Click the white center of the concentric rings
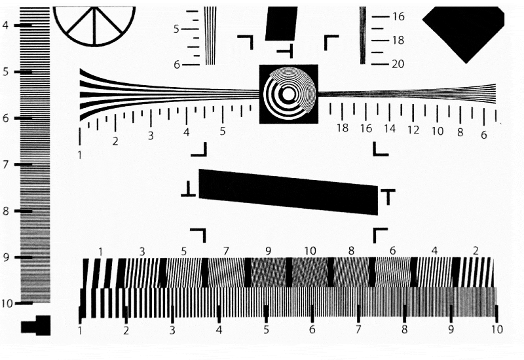pyautogui.click(x=288, y=94)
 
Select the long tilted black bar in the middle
pyautogui.click(x=288, y=192)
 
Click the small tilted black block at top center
pyautogui.click(x=281, y=24)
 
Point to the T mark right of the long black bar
pyautogui.click(x=388, y=197)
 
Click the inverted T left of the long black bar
pyautogui.click(x=189, y=189)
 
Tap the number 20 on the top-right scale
pyautogui.click(x=398, y=63)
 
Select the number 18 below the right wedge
pyautogui.click(x=342, y=128)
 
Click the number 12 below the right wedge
pyautogui.click(x=413, y=130)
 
